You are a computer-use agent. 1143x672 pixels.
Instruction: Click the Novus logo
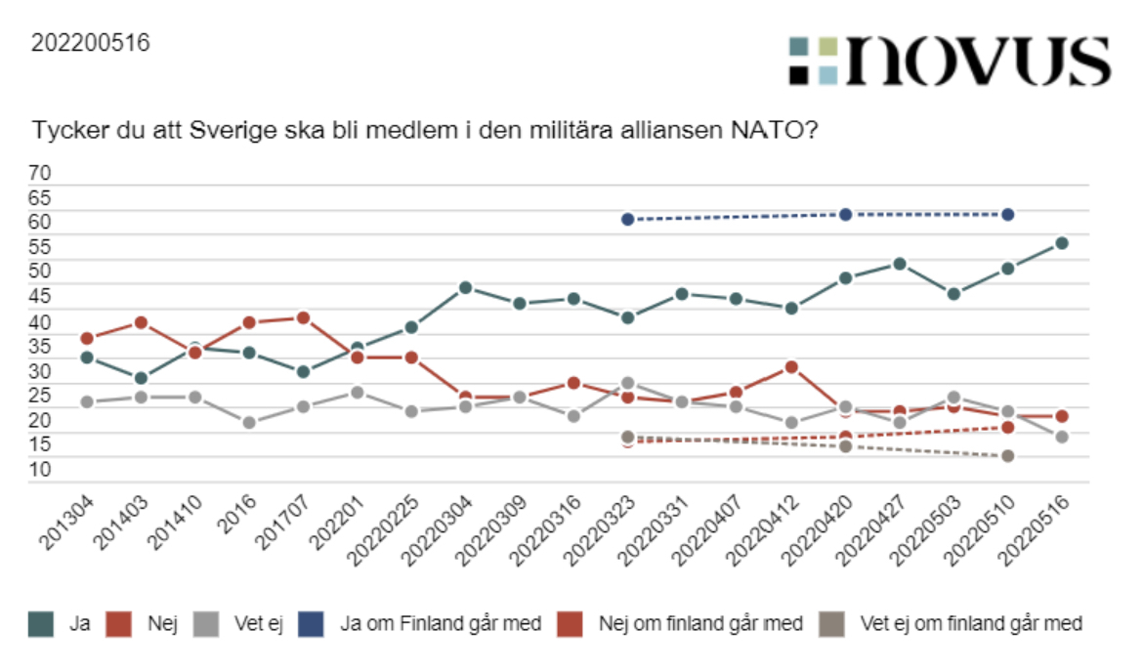point(950,61)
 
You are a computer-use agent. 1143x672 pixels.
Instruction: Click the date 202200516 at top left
point(91,43)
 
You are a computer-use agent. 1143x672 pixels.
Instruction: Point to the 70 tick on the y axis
point(40,173)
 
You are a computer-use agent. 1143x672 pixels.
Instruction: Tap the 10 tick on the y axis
point(40,470)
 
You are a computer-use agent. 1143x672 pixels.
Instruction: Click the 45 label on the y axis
point(40,297)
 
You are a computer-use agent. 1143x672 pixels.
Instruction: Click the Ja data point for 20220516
point(1062,243)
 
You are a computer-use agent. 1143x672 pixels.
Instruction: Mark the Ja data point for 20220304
point(466,287)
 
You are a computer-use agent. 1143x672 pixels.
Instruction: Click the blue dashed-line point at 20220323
point(628,219)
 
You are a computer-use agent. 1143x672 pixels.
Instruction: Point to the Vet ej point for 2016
point(249,422)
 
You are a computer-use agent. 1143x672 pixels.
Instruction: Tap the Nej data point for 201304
point(87,338)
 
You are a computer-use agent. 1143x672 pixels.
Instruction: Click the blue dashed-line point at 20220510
point(1007,214)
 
